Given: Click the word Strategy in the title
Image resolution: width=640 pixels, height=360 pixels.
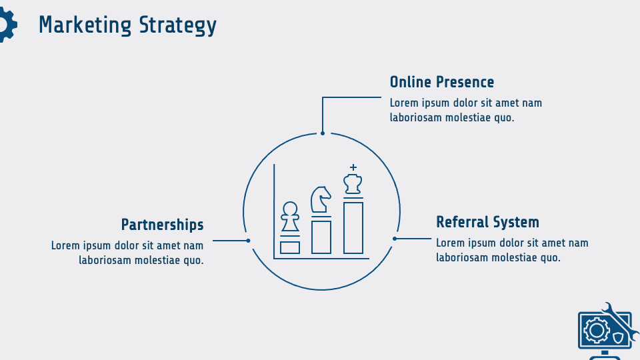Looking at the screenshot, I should coord(178,25).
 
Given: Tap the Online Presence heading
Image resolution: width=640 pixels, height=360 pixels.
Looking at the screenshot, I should coord(442,82).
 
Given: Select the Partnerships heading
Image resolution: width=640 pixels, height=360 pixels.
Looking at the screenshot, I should coord(162,224).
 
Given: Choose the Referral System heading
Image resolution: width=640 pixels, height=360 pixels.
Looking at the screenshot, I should coord(487,222).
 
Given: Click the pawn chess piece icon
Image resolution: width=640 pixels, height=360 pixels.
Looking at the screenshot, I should coord(289,217).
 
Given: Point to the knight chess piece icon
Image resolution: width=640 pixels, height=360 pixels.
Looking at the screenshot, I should coord(321,200).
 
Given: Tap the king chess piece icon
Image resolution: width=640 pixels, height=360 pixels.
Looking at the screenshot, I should coord(353,183).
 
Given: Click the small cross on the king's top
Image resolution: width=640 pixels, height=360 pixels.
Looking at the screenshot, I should coord(353,167).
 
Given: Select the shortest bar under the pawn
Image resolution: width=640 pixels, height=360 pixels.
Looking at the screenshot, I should coord(289,247).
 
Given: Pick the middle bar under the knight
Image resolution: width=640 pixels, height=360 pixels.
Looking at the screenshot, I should coord(321,237).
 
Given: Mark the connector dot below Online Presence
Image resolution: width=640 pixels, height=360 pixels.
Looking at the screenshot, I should coord(323,133).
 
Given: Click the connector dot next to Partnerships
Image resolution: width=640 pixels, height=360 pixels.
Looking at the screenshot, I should coord(248,240).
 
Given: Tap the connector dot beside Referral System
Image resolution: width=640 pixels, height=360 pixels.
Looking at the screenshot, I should coord(395,238).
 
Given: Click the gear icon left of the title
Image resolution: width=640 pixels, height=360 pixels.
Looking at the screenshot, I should coord(5,26).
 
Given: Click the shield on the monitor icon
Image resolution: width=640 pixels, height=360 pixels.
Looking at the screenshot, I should coord(618,337).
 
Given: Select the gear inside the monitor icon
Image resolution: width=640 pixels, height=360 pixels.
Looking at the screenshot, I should coord(595,330).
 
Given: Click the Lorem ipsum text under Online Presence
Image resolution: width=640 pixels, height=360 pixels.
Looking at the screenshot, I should coord(466,110).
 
